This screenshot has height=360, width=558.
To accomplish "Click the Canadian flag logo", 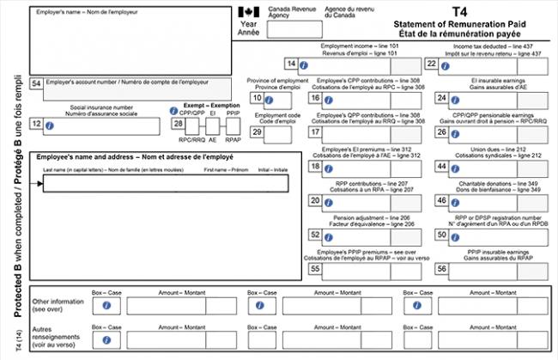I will tap(248, 12).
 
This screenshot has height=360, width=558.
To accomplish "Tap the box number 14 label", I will tap(292, 64).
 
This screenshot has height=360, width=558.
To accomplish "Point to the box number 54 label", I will tap(35, 83).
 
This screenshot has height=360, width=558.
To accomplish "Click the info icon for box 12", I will tap(50, 125).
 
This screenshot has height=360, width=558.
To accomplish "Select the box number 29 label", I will tap(257, 132).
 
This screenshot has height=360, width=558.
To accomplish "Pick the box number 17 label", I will tap(315, 132).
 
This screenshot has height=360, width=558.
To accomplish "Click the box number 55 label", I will tap(315, 269).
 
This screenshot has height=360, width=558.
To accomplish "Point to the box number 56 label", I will tap(441, 269).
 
